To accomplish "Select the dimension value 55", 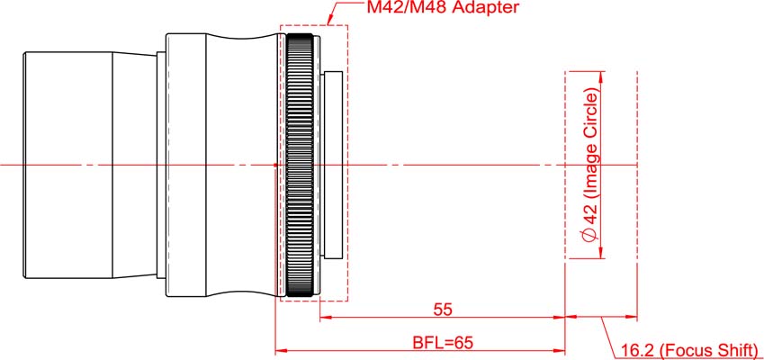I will coord(442,309).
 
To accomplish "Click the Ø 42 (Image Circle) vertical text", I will coord(590,166).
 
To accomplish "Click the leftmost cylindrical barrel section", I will coord(68,165).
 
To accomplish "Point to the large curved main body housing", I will coord(238,165).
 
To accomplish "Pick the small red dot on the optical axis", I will coord(274,165).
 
